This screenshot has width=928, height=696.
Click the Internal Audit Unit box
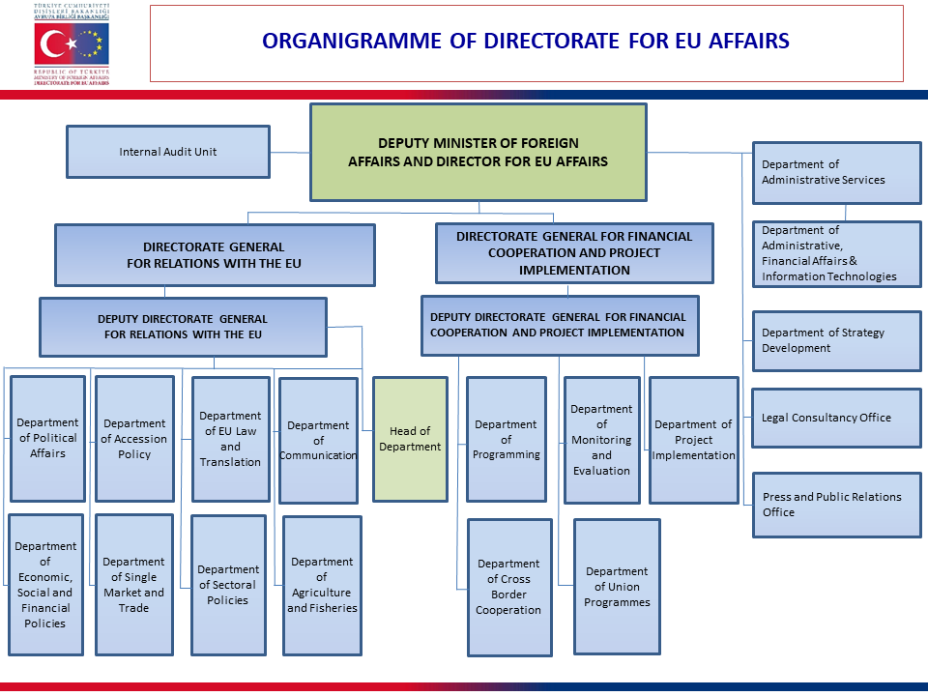pyautogui.click(x=167, y=152)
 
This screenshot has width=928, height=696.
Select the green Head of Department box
pyautogui.click(x=410, y=439)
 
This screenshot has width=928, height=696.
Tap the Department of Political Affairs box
pyautogui.click(x=47, y=438)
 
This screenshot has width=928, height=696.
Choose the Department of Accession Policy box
pyautogui.click(x=134, y=439)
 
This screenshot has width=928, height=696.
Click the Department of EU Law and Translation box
pyautogui.click(x=230, y=439)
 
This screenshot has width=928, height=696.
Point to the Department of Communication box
pyautogui.click(x=318, y=440)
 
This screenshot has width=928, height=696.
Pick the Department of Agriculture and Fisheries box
pyautogui.click(x=322, y=585)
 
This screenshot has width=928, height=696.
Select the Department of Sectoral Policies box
pyautogui.click(x=228, y=585)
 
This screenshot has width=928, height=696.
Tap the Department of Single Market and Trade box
pyautogui.click(x=133, y=585)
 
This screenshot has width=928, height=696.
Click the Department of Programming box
pyautogui.click(x=506, y=440)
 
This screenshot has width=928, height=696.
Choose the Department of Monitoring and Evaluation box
pyautogui.click(x=601, y=440)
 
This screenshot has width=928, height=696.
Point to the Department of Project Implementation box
pyautogui.click(x=693, y=440)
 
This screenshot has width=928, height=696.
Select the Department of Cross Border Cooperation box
pyautogui.click(x=508, y=587)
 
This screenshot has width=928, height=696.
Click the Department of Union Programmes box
pyautogui.click(x=617, y=587)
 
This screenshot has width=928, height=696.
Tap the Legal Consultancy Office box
pyautogui.click(x=836, y=418)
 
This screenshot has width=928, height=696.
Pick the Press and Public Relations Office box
pyautogui.click(x=836, y=505)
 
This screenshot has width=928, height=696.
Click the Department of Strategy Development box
pyautogui.click(x=836, y=340)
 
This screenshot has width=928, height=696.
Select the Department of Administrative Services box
pyautogui.click(x=836, y=172)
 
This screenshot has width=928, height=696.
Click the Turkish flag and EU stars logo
pyautogui.click(x=72, y=44)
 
